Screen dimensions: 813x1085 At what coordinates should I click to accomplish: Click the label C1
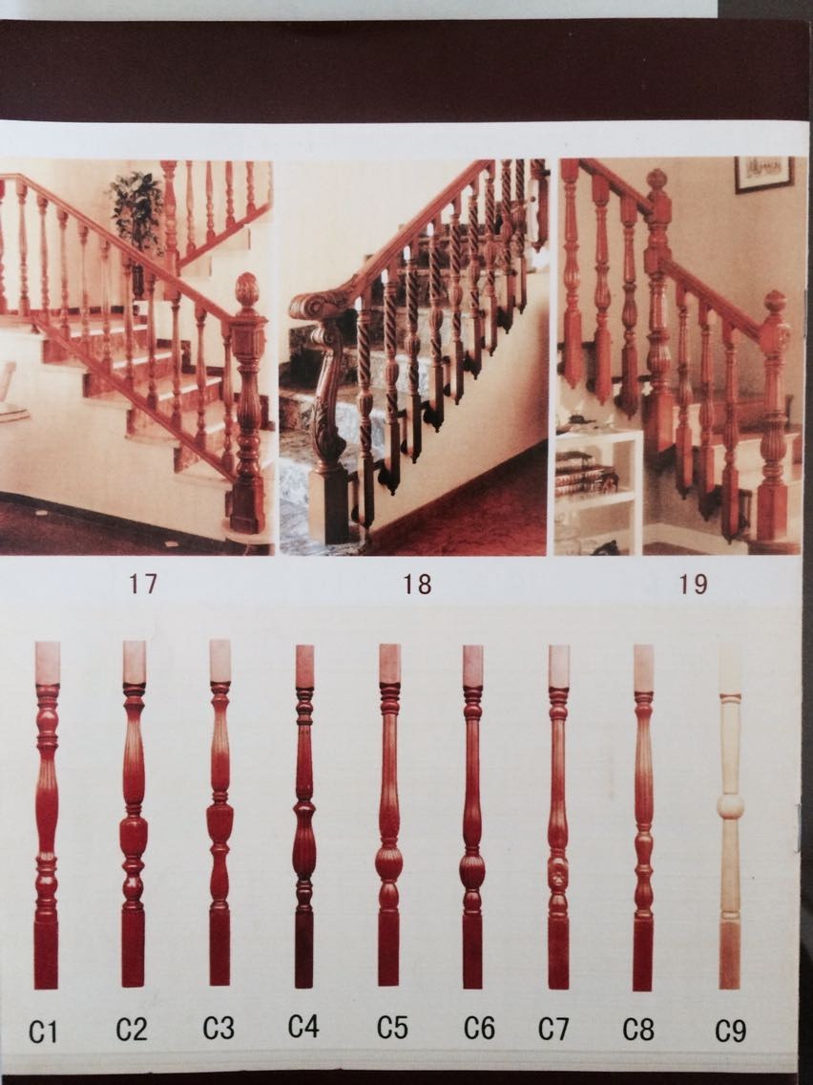(x=42, y=1032)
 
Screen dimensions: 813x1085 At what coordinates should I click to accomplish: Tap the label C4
(x=303, y=1026)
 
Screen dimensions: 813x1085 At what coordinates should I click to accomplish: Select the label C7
(x=553, y=1029)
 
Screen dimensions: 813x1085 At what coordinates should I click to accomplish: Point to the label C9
(x=731, y=1031)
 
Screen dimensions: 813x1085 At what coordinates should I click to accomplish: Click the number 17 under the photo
(x=142, y=584)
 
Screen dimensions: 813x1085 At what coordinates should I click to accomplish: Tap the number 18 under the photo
(x=417, y=585)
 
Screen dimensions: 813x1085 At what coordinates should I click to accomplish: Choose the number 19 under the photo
(x=693, y=585)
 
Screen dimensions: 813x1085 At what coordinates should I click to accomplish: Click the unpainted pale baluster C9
(x=730, y=817)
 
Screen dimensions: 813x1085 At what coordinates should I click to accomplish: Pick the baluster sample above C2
(x=134, y=814)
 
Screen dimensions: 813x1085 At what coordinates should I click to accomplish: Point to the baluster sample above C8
(x=643, y=818)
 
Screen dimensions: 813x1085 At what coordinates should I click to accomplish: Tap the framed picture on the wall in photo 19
(x=763, y=174)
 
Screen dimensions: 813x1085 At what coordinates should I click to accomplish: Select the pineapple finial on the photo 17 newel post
(x=247, y=290)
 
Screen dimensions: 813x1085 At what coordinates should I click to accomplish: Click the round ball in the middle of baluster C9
(x=730, y=807)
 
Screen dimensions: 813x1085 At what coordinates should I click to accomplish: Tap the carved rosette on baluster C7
(x=558, y=875)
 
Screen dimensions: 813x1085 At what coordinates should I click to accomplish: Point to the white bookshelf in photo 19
(x=598, y=490)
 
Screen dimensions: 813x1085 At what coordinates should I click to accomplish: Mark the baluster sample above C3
(x=219, y=813)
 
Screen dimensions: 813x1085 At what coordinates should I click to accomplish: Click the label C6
(x=479, y=1029)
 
